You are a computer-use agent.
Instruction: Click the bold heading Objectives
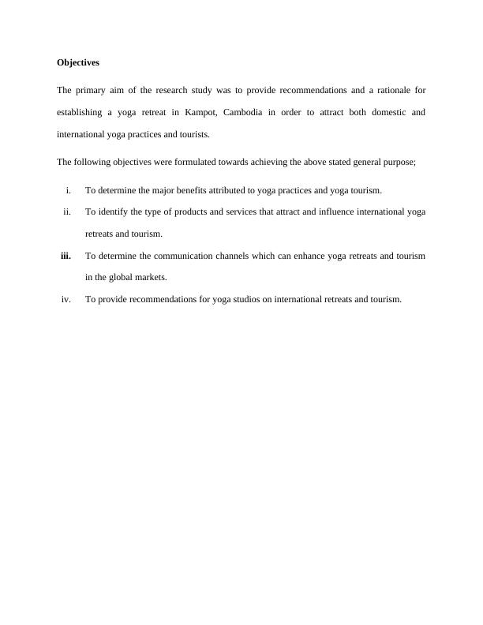point(78,62)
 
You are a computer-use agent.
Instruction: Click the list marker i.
point(69,190)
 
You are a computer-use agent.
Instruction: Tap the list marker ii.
point(67,211)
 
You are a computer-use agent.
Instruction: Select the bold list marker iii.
point(66,256)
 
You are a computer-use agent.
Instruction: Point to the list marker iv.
point(66,299)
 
